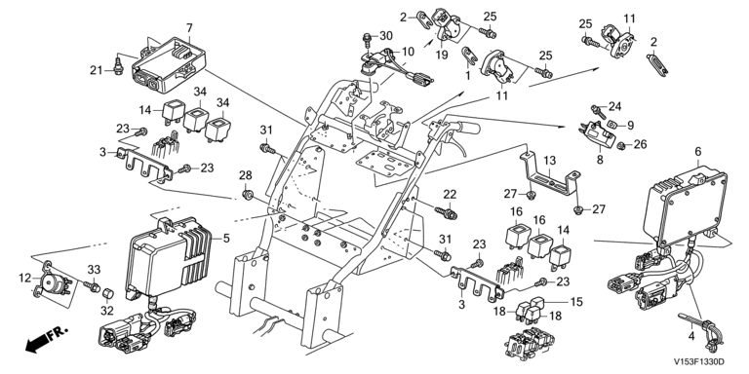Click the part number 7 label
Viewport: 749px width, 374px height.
tap(189, 27)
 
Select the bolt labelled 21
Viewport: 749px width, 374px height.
tap(116, 63)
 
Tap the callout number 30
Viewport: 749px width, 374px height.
tap(386, 36)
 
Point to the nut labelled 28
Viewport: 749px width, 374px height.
tap(247, 194)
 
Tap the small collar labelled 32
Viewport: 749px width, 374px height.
tap(108, 292)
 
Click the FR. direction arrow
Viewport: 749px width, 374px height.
tap(47, 339)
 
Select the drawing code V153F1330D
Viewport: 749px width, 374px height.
tap(699, 362)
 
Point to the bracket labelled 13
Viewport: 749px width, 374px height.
tap(549, 178)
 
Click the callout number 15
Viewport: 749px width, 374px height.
tap(577, 302)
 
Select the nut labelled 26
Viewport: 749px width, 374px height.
tap(620, 145)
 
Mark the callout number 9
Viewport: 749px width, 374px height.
tap(630, 125)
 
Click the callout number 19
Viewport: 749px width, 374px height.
tap(442, 55)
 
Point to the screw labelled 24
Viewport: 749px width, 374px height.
tap(598, 112)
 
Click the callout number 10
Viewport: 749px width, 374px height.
tap(408, 51)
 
